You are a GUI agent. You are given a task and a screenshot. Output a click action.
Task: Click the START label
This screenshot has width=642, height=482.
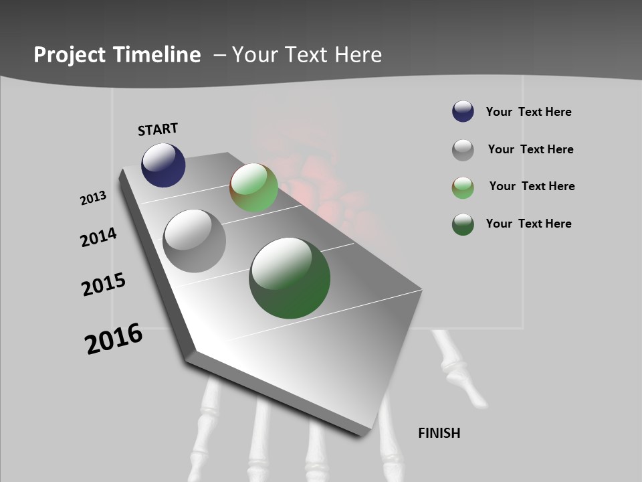pos(158,129)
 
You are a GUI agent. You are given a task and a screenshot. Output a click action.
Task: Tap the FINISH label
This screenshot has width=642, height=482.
pos(439,433)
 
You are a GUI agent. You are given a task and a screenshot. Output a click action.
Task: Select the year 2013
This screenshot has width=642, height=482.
pos(93,198)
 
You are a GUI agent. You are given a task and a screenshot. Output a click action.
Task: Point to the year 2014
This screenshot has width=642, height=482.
pos(98,237)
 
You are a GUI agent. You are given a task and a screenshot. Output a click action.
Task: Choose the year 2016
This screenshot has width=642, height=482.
pos(114,339)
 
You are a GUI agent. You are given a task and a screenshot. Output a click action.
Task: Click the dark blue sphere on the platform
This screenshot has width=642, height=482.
pos(163,165)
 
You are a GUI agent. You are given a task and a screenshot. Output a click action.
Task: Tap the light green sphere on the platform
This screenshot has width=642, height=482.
pos(254,187)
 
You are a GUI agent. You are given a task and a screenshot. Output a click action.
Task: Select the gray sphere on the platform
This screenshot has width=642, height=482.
pos(195,241)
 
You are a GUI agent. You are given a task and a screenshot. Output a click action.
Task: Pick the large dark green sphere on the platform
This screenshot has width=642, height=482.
pos(290,278)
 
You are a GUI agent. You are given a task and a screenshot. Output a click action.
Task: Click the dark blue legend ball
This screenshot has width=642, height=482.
pos(463,112)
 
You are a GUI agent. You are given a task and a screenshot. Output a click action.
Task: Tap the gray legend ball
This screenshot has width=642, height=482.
pos(463,150)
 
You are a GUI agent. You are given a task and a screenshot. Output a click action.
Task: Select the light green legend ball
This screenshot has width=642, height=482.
pos(463,187)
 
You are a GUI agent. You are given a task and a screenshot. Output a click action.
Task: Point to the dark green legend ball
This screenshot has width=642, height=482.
pos(463,224)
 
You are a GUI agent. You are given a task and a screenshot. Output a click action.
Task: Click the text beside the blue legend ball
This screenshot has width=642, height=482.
pos(528,112)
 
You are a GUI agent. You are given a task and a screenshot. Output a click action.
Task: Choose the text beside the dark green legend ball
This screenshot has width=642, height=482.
pos(528,224)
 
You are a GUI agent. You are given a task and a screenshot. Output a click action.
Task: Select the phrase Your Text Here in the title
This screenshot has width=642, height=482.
pos(307,55)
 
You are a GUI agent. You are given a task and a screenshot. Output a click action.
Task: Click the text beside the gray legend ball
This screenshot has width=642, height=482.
pos(530,149)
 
